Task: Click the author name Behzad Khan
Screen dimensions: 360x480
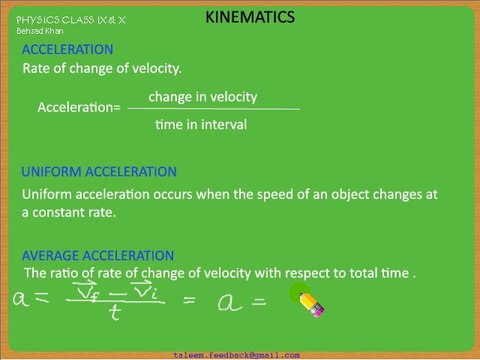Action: pyautogui.click(x=39, y=31)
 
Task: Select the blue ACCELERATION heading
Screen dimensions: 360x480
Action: pyautogui.click(x=67, y=49)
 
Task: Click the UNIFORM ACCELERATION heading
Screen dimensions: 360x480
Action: pyautogui.click(x=99, y=172)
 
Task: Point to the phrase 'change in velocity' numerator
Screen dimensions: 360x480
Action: pyautogui.click(x=203, y=97)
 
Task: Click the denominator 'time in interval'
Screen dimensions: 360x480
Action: pyautogui.click(x=201, y=125)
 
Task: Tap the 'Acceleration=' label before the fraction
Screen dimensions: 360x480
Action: pyautogui.click(x=79, y=108)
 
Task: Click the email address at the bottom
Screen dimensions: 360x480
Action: pyautogui.click(x=236, y=354)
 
